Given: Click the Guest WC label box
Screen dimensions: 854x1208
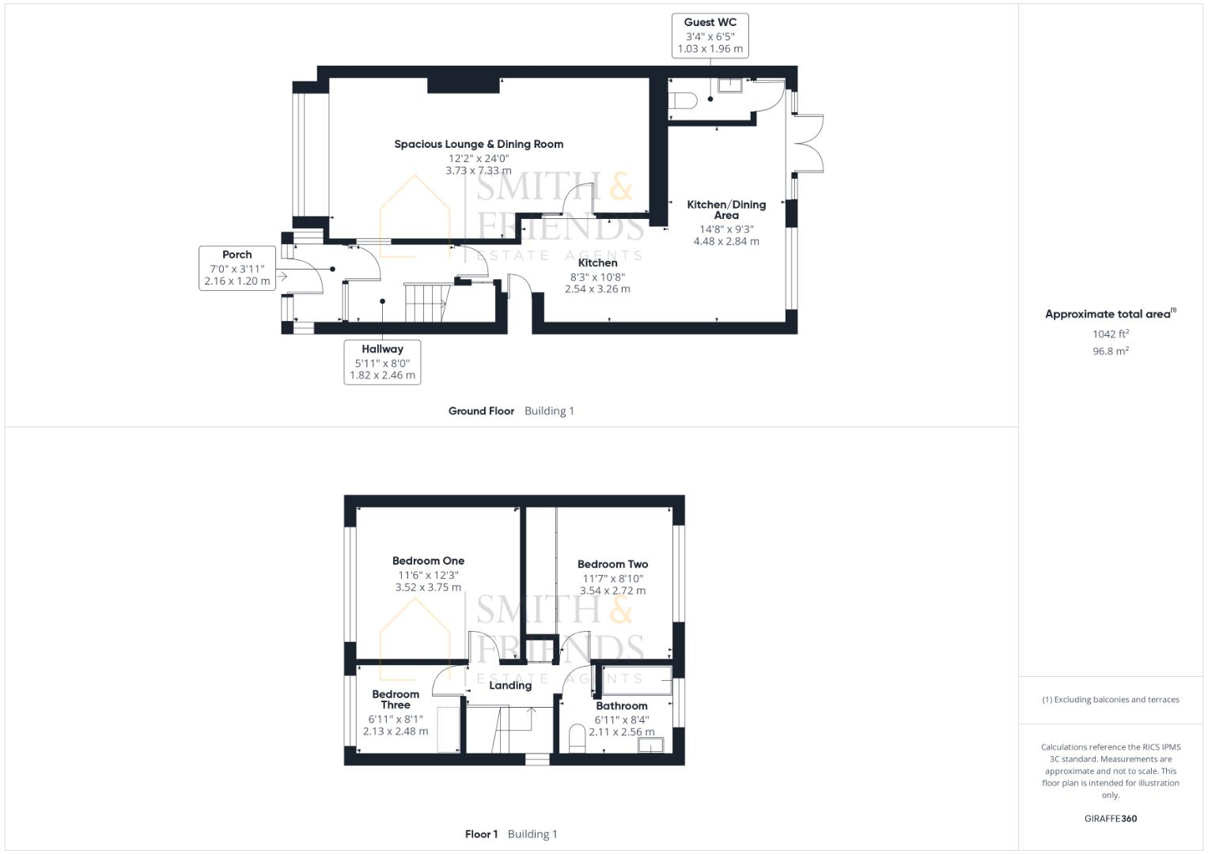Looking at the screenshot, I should (710, 36).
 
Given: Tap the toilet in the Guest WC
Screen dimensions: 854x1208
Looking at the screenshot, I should (683, 100).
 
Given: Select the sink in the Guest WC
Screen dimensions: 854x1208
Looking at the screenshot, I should (729, 85).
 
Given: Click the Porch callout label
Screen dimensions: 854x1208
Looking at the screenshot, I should (237, 268).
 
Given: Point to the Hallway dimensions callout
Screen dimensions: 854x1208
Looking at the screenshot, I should (382, 362).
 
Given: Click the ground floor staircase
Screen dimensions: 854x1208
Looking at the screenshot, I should (426, 302).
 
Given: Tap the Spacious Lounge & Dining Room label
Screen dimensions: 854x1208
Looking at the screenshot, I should (479, 144).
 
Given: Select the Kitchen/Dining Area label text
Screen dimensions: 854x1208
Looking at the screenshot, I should (726, 210).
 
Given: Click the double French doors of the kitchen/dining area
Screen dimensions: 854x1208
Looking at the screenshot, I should (809, 143).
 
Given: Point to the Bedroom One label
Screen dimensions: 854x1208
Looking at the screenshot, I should (428, 561).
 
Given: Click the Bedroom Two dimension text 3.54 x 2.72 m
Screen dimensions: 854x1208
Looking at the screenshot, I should (612, 591).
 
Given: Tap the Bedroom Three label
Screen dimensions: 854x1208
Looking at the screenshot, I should (396, 700).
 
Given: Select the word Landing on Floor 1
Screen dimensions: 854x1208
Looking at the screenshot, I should (510, 686).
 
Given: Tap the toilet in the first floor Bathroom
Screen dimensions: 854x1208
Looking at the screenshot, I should (577, 738).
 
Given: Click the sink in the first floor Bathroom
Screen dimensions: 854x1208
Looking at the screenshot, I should (650, 744).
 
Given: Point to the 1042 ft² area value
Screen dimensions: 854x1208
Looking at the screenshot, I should (1111, 334).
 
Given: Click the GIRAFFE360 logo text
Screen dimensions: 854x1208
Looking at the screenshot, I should (1110, 818).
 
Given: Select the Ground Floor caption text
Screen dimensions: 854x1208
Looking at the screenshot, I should (481, 411).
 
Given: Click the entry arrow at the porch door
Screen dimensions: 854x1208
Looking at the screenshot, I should (282, 277).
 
